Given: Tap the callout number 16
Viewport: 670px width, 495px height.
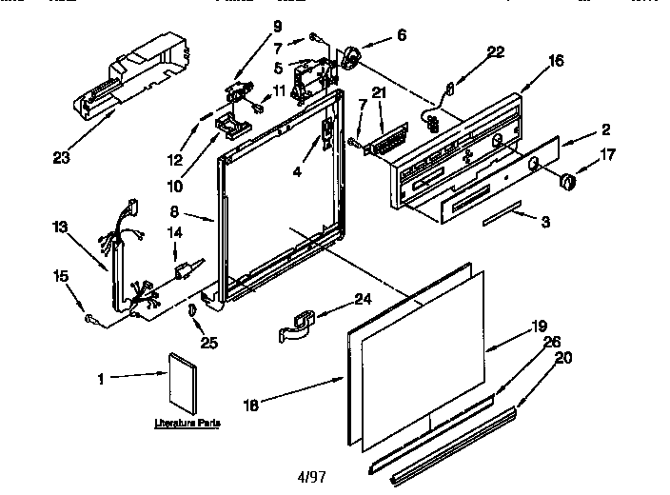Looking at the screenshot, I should (x=556, y=61).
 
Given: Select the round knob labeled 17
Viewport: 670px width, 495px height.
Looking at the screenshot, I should (x=568, y=181).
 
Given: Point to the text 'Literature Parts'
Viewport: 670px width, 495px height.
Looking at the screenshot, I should (x=185, y=421).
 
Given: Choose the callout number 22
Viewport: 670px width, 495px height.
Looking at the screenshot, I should (x=496, y=52).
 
